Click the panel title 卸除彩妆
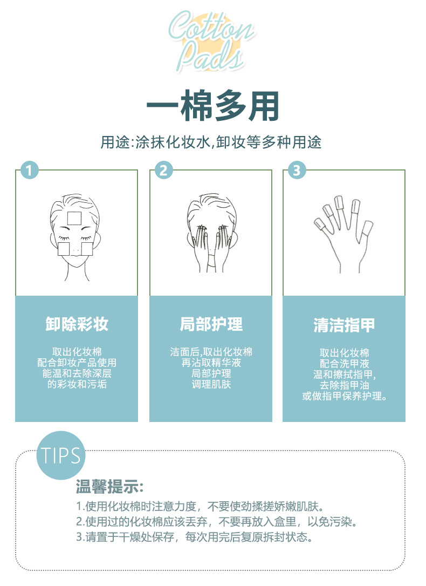tap(77, 324)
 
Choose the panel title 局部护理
tap(211, 324)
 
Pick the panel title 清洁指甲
tap(344, 325)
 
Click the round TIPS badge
tap(61, 455)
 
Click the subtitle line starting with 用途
tap(211, 142)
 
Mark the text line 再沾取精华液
tap(211, 363)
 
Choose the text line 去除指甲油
tap(344, 385)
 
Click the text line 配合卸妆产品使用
tap(77, 363)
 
